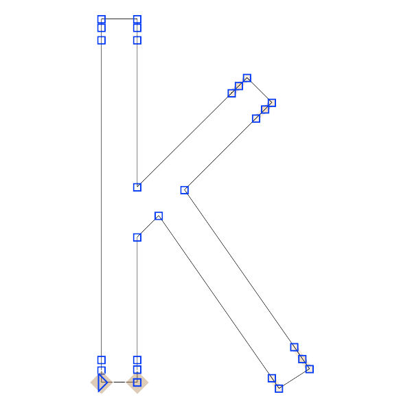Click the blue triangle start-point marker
[102, 382]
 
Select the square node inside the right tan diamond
[137, 382]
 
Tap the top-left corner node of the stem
[102, 19]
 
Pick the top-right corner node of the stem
[137, 19]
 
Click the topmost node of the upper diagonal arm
[247, 78]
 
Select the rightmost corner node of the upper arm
[272, 103]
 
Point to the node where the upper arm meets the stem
[137, 187]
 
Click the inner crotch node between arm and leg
[185, 190]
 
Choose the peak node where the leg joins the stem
[159, 216]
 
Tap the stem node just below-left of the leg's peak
[137, 238]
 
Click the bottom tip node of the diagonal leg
[279, 389]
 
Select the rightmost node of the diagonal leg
[310, 369]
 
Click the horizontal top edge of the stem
[119, 19]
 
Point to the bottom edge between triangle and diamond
[119, 382]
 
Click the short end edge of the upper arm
[260, 91]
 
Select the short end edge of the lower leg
[295, 378]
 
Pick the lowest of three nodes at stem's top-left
[102, 41]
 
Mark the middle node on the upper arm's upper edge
[239, 86]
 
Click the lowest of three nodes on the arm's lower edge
[256, 119]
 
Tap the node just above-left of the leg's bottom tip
[272, 378]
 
